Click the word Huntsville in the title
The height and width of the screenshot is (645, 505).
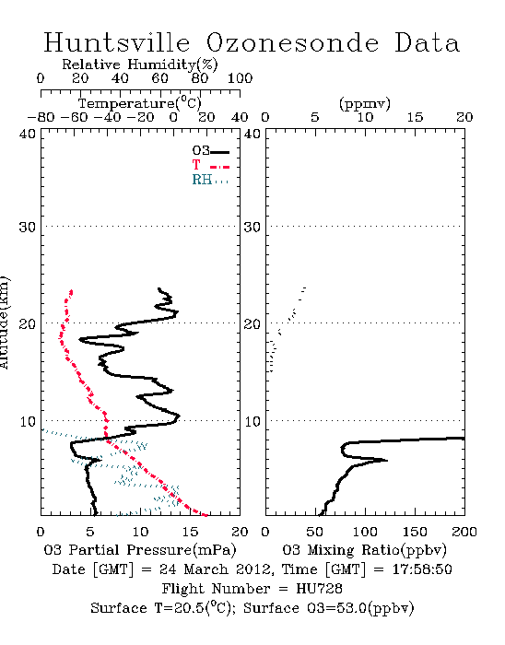(117, 42)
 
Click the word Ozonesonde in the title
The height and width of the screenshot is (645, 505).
(292, 42)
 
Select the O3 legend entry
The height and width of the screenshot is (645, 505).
(210, 151)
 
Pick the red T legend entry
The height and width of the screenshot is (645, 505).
(210, 165)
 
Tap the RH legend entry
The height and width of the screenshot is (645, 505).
(210, 180)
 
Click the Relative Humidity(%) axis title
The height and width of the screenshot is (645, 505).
(140, 64)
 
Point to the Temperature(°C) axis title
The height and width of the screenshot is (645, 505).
(140, 103)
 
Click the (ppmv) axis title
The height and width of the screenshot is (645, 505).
(365, 103)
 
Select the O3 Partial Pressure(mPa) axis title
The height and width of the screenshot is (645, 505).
(140, 550)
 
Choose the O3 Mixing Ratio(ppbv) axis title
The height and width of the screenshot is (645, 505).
(364, 550)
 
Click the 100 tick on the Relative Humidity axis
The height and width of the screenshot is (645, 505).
(240, 78)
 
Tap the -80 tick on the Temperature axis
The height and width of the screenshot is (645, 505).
(41, 117)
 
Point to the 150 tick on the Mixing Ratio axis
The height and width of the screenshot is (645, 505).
(415, 532)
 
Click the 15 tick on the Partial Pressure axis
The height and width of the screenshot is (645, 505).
(190, 532)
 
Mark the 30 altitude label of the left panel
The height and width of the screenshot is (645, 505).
(28, 227)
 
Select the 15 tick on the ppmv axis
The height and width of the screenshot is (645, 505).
(415, 117)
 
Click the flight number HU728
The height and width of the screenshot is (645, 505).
(319, 589)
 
